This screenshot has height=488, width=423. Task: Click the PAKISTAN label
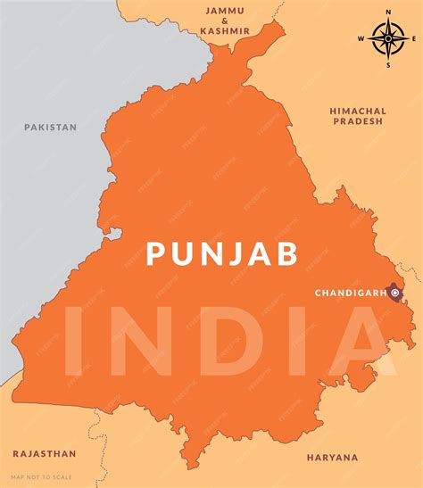pyautogui.click(x=50, y=127)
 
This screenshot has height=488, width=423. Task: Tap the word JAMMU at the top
pyautogui.click(x=227, y=11)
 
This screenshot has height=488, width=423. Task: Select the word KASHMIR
pyautogui.click(x=227, y=30)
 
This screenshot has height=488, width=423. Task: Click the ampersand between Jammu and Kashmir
pyautogui.click(x=227, y=21)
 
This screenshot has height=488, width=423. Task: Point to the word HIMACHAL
pyautogui.click(x=358, y=111)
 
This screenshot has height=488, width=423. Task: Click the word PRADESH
pyautogui.click(x=358, y=122)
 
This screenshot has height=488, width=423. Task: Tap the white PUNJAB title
pyautogui.click(x=222, y=253)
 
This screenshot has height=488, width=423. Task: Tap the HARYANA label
pyautogui.click(x=332, y=457)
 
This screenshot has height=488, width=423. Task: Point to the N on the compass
pyautogui.click(x=388, y=12)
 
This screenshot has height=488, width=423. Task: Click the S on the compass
pyautogui.click(x=388, y=64)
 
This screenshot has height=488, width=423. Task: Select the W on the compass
pyautogui.click(x=361, y=38)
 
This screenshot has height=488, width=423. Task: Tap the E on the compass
pyautogui.click(x=414, y=38)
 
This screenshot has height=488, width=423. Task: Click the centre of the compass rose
pyautogui.click(x=388, y=38)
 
